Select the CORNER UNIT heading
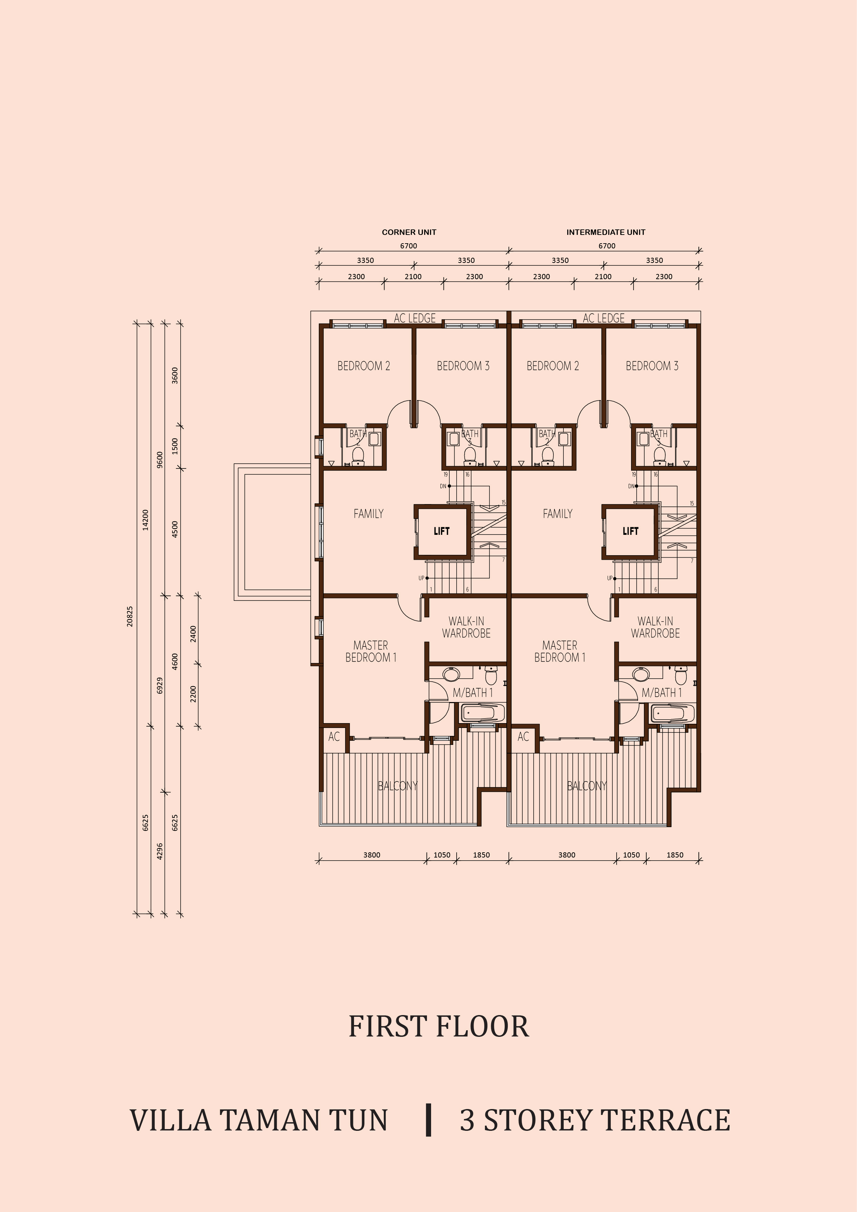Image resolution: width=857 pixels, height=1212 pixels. click(x=409, y=232)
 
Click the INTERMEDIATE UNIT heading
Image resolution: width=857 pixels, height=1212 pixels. click(x=606, y=232)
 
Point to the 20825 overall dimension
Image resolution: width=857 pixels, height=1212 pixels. click(x=130, y=616)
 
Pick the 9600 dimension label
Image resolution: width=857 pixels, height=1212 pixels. click(x=160, y=459)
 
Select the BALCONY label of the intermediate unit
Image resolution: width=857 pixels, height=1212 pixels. click(x=587, y=786)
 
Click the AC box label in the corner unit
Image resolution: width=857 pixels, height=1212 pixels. click(x=334, y=736)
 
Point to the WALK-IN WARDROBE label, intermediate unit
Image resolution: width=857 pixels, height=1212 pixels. click(x=655, y=627)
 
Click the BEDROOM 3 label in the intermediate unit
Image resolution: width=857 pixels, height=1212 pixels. click(x=652, y=366)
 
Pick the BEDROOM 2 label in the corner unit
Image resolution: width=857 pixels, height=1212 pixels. click(x=364, y=366)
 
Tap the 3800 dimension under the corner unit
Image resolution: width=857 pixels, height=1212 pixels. click(x=372, y=855)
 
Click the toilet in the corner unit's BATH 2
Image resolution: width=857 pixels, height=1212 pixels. click(x=358, y=457)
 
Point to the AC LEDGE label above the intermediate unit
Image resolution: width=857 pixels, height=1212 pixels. click(x=604, y=318)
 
